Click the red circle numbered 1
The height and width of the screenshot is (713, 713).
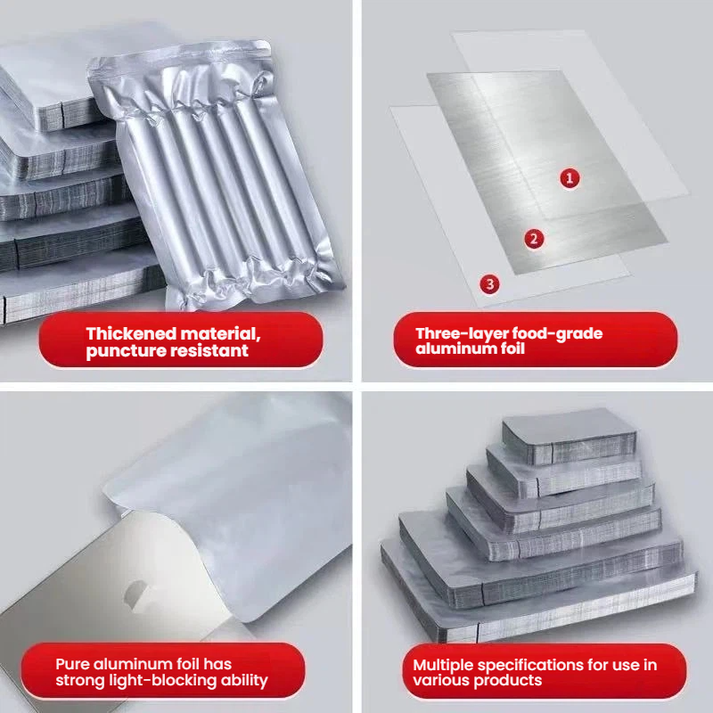coord(570,177)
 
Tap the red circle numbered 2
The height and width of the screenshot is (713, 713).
coord(534,239)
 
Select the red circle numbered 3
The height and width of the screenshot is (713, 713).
coord(489,284)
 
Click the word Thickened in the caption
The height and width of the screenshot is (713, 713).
coord(131,333)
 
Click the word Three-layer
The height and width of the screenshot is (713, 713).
coord(461,333)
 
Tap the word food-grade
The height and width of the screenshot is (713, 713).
coord(557,333)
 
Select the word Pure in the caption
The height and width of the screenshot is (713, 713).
coord(71,664)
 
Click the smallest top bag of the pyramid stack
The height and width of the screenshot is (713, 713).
coord(569,436)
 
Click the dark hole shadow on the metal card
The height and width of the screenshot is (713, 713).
coord(135,595)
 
